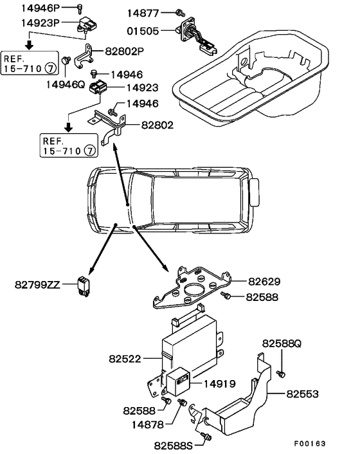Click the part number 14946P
point(40,8)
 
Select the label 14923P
point(40,23)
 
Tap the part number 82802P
point(125,51)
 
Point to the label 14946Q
point(66,84)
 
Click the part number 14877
point(143,13)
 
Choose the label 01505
point(143,31)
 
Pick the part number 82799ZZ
point(37,285)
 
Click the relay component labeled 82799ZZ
point(84,286)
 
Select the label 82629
point(264,282)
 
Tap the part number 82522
point(125,359)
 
